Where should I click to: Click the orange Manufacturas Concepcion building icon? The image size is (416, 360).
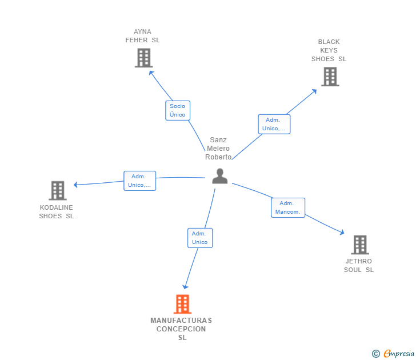[182, 304]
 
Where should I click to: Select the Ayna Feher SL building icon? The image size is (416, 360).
[144, 58]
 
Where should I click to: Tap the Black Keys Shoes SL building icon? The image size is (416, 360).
[330, 77]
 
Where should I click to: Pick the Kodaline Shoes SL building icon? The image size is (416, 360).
[58, 190]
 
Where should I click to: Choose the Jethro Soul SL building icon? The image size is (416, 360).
[360, 245]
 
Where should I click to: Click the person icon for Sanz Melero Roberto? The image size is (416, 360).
[219, 176]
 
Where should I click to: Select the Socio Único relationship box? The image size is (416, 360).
[178, 110]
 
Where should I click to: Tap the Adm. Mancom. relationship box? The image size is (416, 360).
[288, 208]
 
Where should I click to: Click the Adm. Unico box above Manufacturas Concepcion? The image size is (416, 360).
[200, 238]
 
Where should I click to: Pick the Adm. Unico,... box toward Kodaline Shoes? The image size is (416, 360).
[140, 181]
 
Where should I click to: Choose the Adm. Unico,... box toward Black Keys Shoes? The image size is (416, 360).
[274, 124]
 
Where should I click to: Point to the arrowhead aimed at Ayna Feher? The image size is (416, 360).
[151, 73]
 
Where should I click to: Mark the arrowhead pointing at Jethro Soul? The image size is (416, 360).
[342, 233]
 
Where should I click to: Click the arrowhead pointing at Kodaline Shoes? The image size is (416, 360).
[75, 185]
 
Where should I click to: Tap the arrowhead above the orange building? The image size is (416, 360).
[185, 287]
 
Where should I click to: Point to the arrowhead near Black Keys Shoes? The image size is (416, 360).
[314, 91]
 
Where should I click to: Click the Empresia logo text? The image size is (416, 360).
[399, 353]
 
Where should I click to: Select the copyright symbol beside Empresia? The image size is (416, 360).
[375, 354]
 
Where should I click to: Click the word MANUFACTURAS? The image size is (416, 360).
[181, 321]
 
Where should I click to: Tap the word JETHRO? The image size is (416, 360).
[358, 261]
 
